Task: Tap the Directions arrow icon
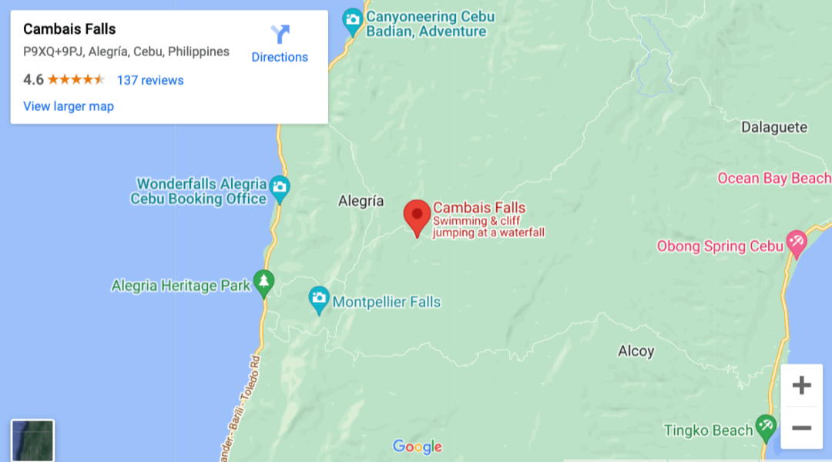tap(280, 35)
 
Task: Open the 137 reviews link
tap(150, 80)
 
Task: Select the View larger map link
tap(69, 106)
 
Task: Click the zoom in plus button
tap(802, 386)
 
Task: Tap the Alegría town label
tap(361, 201)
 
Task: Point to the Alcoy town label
tap(636, 351)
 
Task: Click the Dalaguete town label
tap(773, 127)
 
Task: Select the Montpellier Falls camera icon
tap(319, 299)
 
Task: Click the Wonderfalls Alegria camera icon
tap(280, 187)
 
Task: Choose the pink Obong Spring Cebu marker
tap(796, 243)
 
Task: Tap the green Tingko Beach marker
tap(765, 426)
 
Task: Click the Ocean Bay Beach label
tap(773, 179)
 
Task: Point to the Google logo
tap(417, 447)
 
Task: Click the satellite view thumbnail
tap(32, 440)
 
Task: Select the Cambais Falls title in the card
tap(69, 29)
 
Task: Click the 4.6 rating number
tap(33, 79)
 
